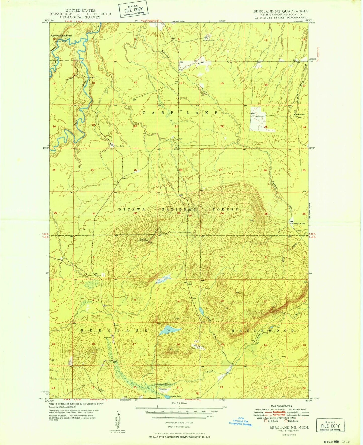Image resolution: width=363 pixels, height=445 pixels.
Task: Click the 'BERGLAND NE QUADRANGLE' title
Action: coord(281,11)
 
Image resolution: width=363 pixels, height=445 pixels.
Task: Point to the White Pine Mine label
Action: coord(209,40)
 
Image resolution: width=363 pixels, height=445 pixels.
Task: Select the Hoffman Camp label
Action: coord(119,146)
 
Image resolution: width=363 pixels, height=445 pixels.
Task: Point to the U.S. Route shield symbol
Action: coord(266,421)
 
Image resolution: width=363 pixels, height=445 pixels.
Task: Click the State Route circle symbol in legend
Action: coord(286,421)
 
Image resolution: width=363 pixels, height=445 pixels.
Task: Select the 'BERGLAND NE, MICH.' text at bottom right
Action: coord(289,427)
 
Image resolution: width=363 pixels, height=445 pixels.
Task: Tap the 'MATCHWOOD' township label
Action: coord(262,331)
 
